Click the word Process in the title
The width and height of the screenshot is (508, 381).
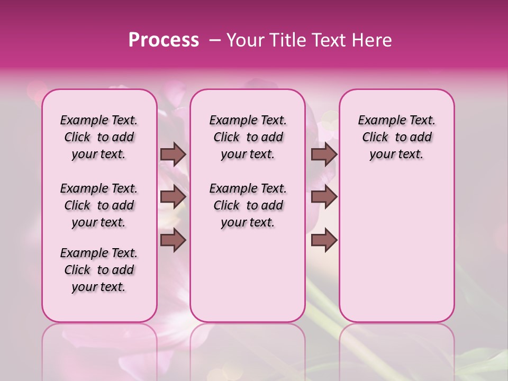164,40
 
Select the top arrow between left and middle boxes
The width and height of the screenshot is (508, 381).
173,154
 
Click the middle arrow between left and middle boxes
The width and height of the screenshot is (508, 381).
173,197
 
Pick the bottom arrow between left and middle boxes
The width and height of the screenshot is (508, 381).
173,240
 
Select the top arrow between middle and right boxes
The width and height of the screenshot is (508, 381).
324,154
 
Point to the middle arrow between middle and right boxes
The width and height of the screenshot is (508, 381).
324,197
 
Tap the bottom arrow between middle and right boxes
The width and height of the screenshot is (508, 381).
324,240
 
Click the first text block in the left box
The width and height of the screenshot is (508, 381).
99,137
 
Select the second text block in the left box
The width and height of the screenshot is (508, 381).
99,205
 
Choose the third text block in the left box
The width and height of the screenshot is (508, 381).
99,270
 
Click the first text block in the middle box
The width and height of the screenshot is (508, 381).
248,137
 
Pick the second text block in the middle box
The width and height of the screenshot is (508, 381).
248,205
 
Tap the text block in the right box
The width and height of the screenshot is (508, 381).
397,137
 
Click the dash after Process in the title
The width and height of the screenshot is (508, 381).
214,40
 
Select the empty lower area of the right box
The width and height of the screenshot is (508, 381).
397,249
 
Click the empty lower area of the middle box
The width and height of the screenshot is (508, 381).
248,275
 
